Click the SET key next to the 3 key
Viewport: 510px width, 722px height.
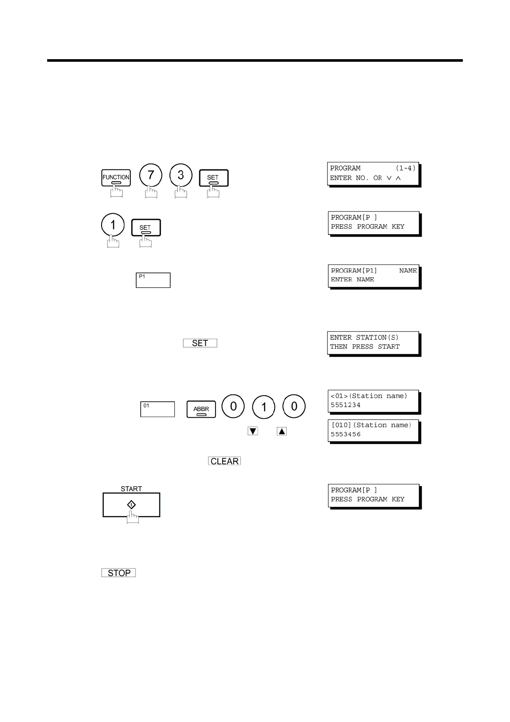213,178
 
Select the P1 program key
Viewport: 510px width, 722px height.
153,280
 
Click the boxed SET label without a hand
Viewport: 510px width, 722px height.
200,343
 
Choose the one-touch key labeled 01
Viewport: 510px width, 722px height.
157,409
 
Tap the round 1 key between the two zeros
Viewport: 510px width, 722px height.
264,406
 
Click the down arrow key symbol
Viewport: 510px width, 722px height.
253,431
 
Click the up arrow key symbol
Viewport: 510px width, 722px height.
282,431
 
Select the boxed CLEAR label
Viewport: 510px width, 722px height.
225,461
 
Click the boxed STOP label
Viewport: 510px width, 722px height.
119,573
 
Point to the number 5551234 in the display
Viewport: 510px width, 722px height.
345,405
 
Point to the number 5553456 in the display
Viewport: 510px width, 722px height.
345,434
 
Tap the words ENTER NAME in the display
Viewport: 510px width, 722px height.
352,280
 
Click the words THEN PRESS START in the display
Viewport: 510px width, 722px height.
365,346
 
